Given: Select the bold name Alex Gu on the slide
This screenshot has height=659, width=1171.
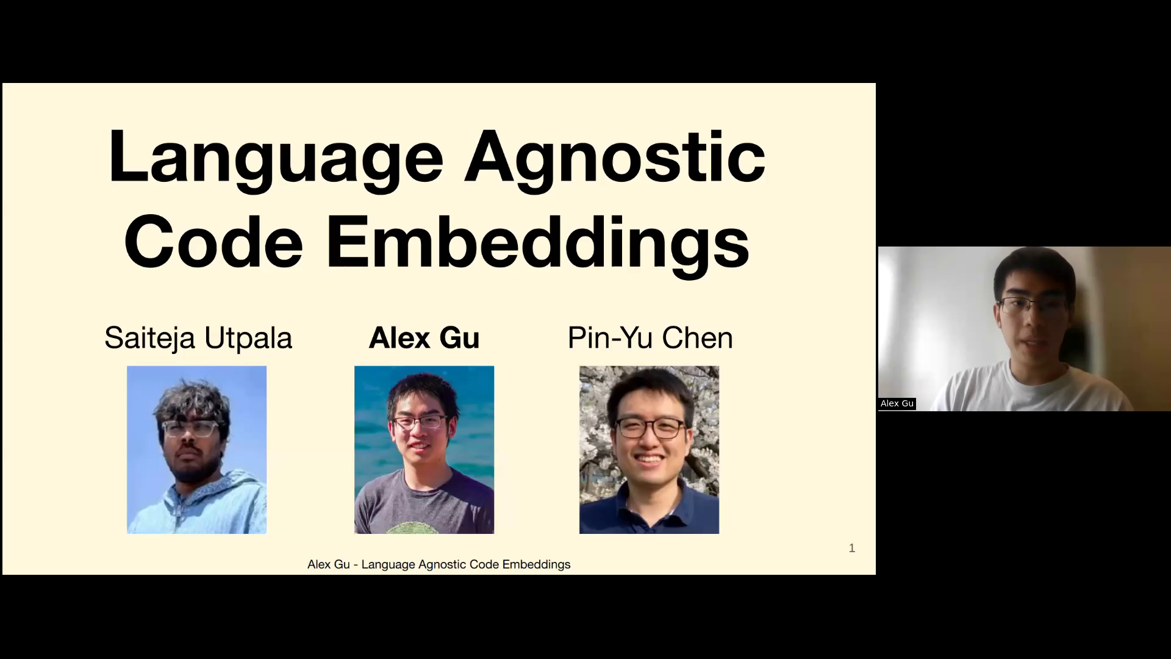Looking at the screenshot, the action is (424, 338).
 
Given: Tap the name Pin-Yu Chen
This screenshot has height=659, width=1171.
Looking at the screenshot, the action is (650, 338).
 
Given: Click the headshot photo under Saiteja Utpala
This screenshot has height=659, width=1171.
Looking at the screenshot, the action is (196, 450).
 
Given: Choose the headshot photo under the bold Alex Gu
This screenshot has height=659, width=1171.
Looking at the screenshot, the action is (424, 450).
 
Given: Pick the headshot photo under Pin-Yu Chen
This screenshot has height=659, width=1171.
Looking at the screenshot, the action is (649, 450).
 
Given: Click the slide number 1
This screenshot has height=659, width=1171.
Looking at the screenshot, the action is (852, 548).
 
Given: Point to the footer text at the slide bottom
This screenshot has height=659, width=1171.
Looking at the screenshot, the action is (439, 564).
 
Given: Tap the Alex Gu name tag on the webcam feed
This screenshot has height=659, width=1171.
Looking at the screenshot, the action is (897, 403).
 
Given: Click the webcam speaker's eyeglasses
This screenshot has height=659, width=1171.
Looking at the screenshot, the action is (1034, 305).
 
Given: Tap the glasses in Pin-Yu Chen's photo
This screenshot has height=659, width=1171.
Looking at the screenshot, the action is (650, 428).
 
